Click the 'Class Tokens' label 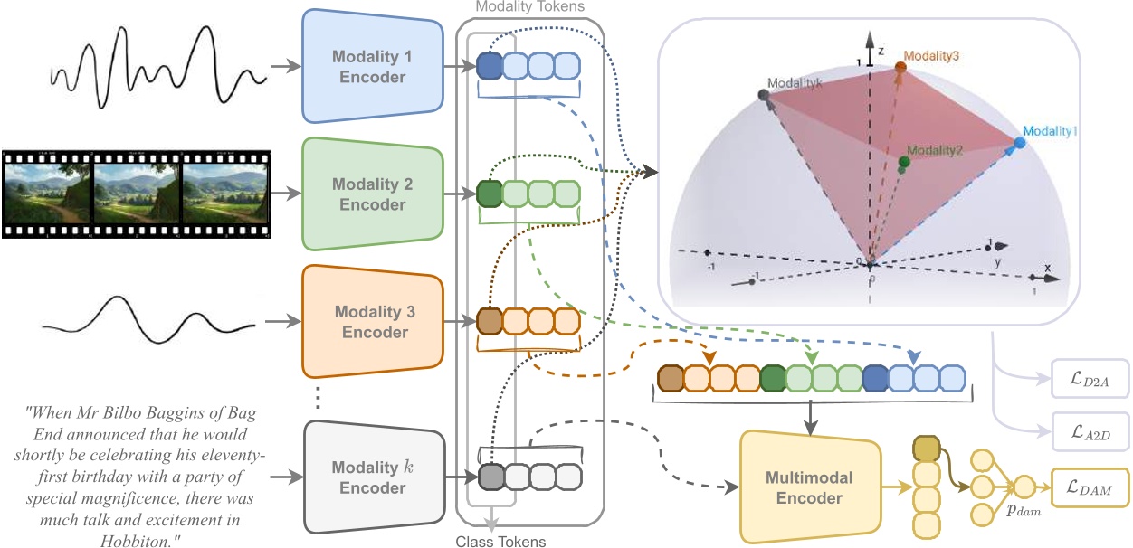click(500, 542)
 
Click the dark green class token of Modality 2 click(489, 194)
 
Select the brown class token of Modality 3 click(489, 321)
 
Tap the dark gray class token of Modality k click(489, 476)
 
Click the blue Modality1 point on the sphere click(1019, 142)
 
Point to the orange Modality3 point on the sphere click(900, 67)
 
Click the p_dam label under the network click(1016, 511)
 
